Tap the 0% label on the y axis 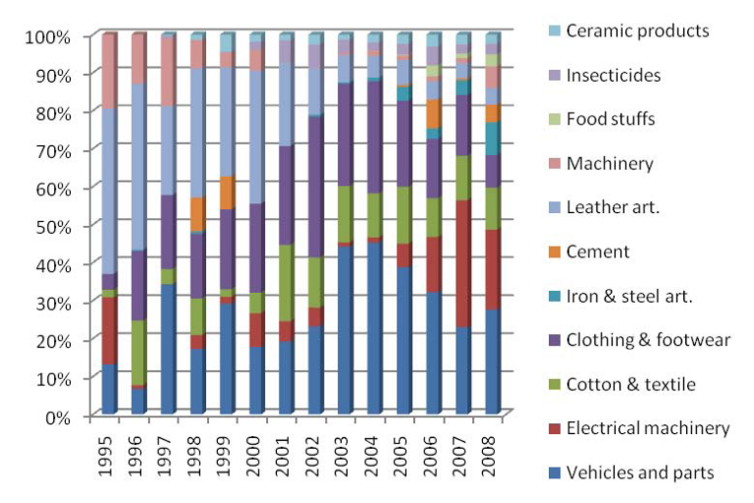[x=58, y=416]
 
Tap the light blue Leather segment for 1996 [x=137, y=168]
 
